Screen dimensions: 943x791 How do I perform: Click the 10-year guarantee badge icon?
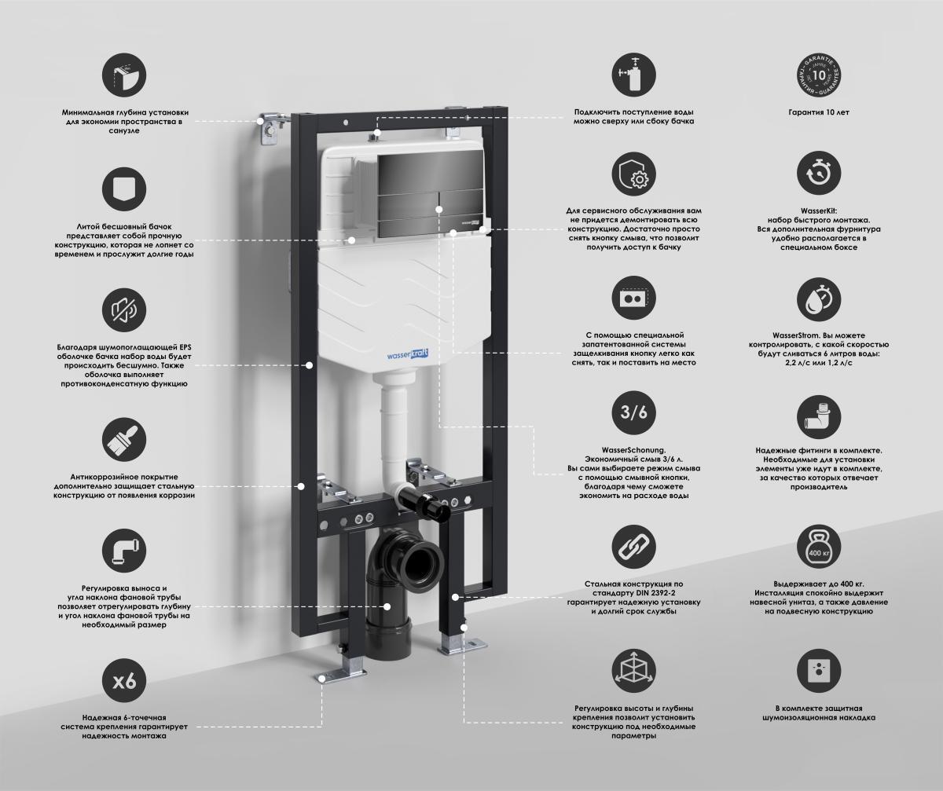[818, 75]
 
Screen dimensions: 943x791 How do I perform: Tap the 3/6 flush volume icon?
[633, 412]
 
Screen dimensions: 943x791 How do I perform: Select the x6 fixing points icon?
[124, 681]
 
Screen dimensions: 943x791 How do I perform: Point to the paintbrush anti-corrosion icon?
[124, 440]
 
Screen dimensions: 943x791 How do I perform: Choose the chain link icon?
[633, 547]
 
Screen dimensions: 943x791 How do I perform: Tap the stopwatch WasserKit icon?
[818, 174]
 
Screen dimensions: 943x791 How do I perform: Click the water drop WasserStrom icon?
[818, 299]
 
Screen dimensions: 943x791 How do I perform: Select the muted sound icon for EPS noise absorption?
[124, 310]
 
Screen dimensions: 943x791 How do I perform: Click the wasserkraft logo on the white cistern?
[407, 355]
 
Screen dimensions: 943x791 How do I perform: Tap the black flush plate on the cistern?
[430, 195]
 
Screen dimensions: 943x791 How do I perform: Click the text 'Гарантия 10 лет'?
[819, 112]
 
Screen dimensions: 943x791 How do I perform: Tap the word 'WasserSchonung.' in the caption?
[633, 450]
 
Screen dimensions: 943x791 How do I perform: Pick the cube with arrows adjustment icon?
[633, 672]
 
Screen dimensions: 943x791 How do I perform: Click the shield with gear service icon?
[633, 174]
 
